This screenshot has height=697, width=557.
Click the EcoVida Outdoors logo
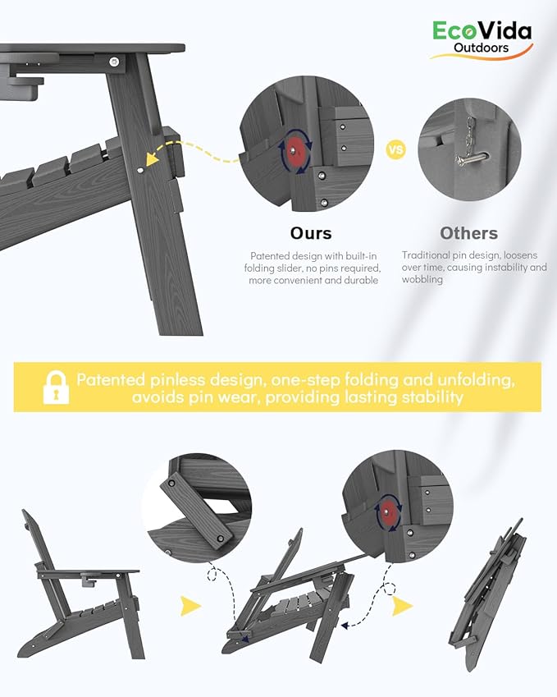click(x=482, y=39)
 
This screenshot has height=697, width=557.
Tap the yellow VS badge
click(x=395, y=149)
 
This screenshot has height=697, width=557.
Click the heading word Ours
click(x=311, y=233)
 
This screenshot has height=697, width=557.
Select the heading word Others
click(x=468, y=233)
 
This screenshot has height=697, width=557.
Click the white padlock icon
click(x=56, y=387)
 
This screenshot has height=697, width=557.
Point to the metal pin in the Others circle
click(x=472, y=158)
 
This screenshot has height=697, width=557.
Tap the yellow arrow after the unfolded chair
click(x=190, y=606)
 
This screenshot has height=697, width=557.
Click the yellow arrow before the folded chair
click(x=403, y=606)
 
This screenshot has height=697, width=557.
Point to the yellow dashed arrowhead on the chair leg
click(x=153, y=158)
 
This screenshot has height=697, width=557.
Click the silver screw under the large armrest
click(x=114, y=62)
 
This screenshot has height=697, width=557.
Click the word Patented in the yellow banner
click(x=111, y=379)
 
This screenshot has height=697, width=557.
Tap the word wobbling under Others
click(x=422, y=280)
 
